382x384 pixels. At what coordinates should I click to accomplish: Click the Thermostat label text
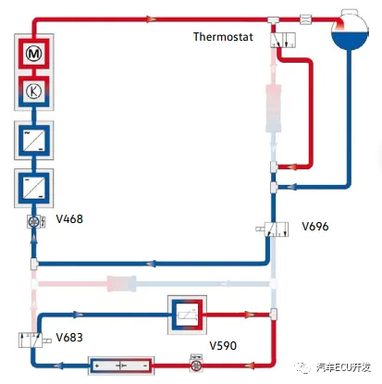(x=223, y=37)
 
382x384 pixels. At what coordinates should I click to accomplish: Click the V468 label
(x=69, y=219)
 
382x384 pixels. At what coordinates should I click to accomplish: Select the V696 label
(x=315, y=227)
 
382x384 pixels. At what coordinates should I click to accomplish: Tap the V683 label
(x=69, y=337)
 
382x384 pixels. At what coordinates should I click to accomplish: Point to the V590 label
(x=223, y=345)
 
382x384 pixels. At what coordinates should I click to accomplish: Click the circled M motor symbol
(x=34, y=54)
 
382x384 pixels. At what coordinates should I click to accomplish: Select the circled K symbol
(x=34, y=92)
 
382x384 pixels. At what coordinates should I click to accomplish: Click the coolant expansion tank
(x=350, y=30)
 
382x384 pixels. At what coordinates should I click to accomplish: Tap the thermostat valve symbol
(x=283, y=40)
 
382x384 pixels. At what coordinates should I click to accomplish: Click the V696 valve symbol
(x=277, y=229)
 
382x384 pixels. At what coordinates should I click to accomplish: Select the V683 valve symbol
(x=31, y=340)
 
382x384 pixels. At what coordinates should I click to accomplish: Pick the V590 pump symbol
(x=196, y=366)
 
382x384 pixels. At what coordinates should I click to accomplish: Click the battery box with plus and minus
(x=121, y=365)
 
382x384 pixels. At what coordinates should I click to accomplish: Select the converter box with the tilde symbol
(x=34, y=141)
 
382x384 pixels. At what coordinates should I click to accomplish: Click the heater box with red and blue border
(x=187, y=315)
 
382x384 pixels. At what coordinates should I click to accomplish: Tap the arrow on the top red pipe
(x=151, y=19)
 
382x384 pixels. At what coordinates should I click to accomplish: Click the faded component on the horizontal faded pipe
(x=121, y=284)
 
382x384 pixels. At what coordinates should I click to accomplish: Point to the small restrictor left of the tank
(x=305, y=19)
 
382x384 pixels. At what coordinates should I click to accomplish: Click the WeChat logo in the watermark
(x=303, y=366)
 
